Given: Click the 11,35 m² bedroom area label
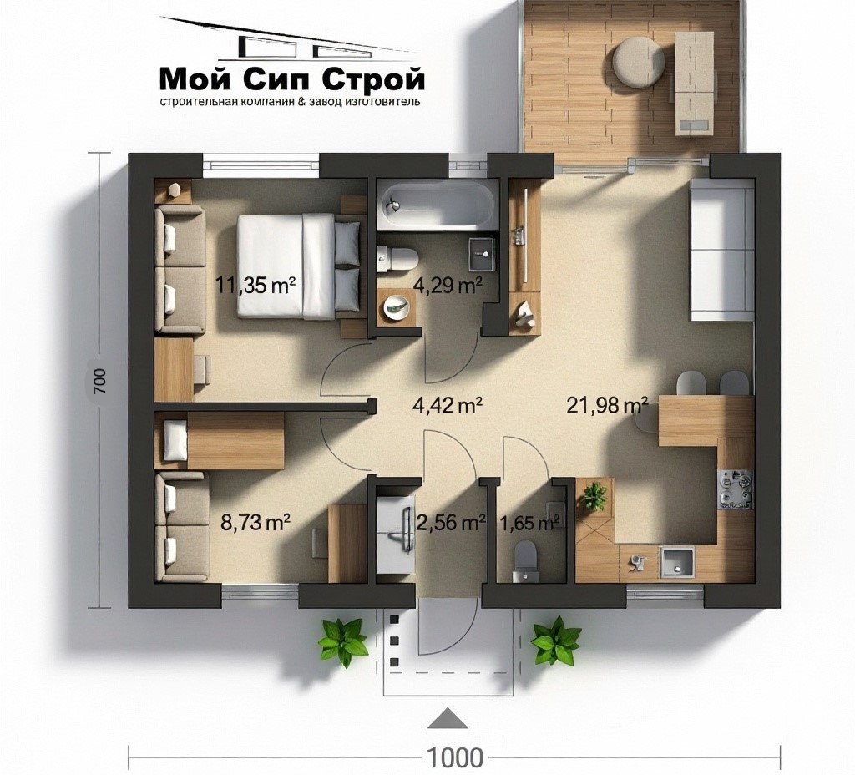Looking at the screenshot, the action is (x=255, y=285).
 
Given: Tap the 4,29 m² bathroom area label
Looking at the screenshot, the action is (x=448, y=285).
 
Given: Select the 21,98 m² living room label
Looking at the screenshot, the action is (x=608, y=405).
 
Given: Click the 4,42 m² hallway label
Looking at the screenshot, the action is (x=448, y=405).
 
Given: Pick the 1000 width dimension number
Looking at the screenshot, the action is (x=454, y=757).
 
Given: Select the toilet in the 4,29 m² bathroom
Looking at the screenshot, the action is (x=397, y=258).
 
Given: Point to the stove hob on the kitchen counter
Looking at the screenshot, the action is (x=736, y=489).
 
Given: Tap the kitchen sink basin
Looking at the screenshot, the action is (x=678, y=562).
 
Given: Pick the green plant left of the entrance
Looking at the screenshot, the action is (x=343, y=642).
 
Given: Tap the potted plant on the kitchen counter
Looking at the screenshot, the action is (x=594, y=496).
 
